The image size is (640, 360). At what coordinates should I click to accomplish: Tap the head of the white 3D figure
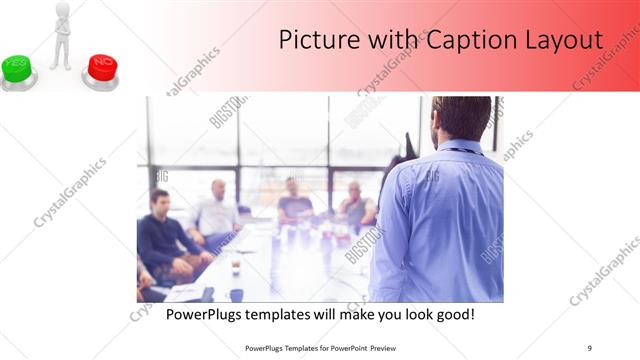[60, 11]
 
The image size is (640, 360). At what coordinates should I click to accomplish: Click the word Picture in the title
[314, 40]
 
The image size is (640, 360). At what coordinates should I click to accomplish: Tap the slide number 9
[589, 348]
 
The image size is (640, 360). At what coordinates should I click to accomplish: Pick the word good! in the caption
[454, 315]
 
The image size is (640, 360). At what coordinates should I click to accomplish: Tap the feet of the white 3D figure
[60, 65]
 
